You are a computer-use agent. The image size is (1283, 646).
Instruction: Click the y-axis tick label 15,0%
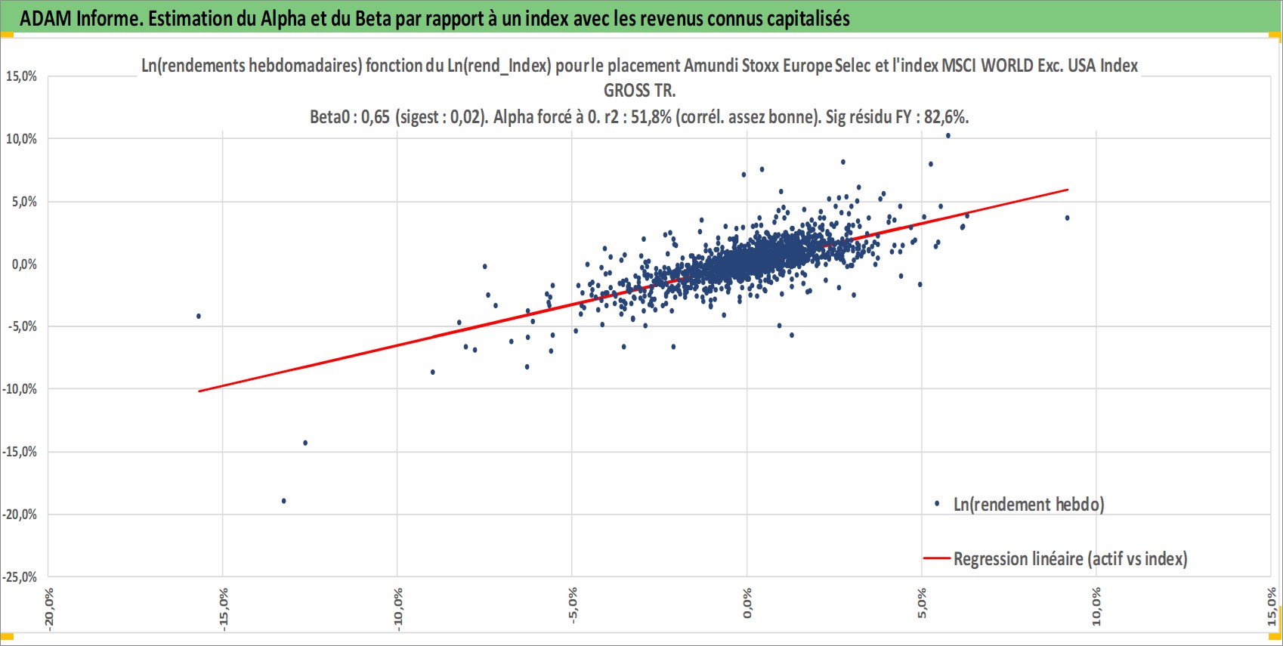pos(21,76)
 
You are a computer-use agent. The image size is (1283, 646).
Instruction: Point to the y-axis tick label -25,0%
pos(20,577)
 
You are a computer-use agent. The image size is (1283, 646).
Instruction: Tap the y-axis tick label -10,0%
pos(20,389)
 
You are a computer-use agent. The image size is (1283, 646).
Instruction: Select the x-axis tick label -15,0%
pos(224,609)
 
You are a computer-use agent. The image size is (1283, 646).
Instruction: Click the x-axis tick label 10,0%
pos(1097,607)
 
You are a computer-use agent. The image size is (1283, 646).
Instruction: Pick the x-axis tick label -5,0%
pos(573,606)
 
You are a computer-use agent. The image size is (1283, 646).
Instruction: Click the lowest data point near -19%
pos(283,501)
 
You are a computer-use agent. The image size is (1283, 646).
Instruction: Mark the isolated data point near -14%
pos(305,443)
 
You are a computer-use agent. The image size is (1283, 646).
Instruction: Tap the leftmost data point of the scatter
pos(199,316)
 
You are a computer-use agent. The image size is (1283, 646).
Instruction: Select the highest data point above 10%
pos(948,136)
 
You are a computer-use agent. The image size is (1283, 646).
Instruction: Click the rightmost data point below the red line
pos(1067,218)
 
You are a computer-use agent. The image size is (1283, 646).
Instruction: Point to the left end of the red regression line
pos(199,391)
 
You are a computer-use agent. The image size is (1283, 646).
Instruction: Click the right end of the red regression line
pos(1068,190)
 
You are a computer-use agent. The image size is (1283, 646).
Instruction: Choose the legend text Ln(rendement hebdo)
pos(1028,505)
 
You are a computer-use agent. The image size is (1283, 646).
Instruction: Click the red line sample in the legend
pos(937,558)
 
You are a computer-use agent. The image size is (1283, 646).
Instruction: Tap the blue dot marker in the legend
pos(937,504)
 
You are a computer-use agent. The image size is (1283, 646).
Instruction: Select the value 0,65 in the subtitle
pos(376,117)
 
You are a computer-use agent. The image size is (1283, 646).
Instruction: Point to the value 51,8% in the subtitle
pos(651,117)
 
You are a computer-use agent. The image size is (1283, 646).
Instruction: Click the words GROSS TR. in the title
pos(640,91)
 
